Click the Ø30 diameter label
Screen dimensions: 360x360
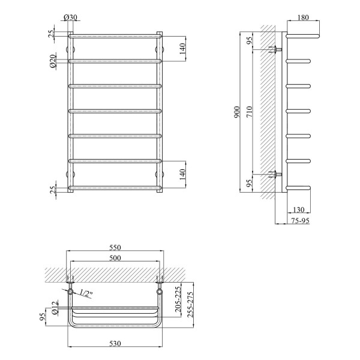(70, 17)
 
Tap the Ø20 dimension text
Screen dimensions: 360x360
(53, 61)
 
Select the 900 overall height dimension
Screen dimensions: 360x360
(237, 112)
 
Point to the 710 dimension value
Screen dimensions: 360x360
(250, 112)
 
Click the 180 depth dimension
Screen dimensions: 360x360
(303, 17)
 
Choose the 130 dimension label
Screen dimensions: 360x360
(299, 209)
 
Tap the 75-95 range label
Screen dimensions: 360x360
(301, 221)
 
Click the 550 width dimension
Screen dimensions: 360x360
(115, 247)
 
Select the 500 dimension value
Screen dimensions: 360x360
(115, 258)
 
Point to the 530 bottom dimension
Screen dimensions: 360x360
(115, 343)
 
